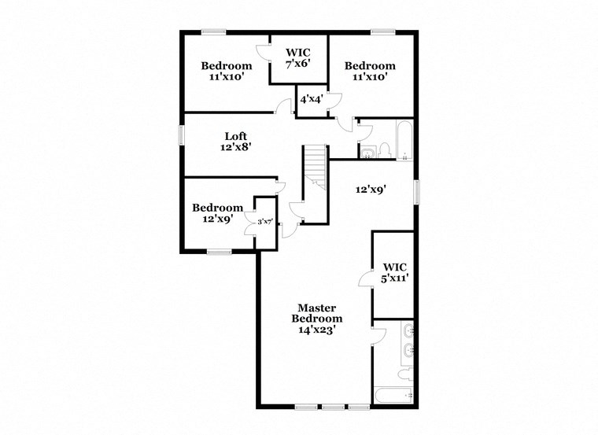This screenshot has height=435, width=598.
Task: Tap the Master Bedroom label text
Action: tap(316, 312)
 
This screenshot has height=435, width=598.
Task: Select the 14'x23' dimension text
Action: tap(316, 330)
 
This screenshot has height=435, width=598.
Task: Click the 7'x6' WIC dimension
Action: tap(299, 64)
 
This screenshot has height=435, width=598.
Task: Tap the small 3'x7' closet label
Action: tap(264, 222)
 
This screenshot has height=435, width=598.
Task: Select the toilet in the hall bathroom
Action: tap(385, 149)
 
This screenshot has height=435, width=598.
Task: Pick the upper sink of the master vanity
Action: tap(408, 333)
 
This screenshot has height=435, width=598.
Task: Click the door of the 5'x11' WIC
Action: tap(365, 280)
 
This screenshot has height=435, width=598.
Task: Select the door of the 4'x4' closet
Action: tap(334, 100)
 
